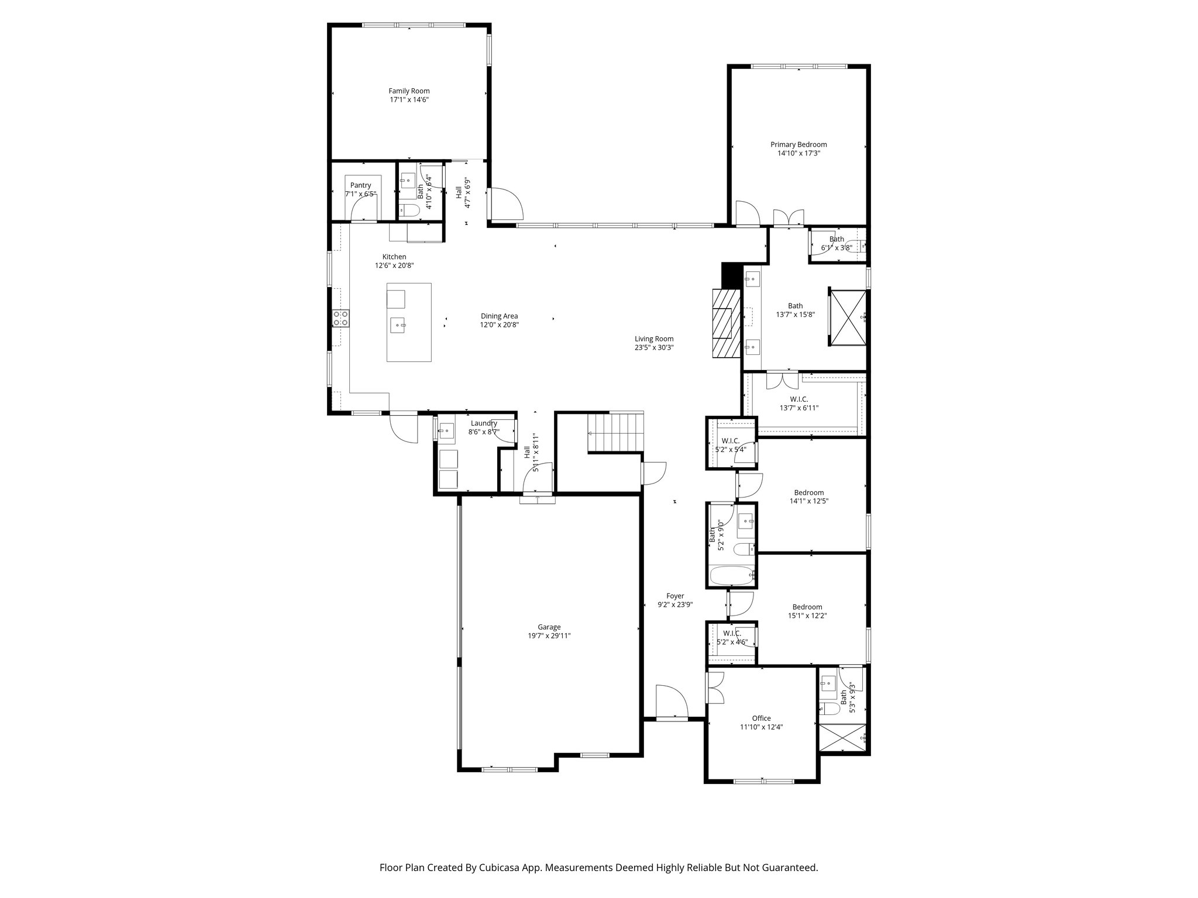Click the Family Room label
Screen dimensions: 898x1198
click(x=409, y=91)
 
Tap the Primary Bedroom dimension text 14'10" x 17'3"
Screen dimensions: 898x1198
click(x=798, y=153)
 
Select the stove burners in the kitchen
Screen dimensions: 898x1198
click(x=340, y=318)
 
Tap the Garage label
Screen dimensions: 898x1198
click(x=549, y=627)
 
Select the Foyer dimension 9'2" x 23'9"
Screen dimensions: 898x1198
click(x=675, y=605)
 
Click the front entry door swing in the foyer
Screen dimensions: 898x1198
click(x=670, y=702)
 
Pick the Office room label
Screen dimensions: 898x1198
click(x=761, y=718)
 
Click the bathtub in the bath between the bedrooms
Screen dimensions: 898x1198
click(x=731, y=576)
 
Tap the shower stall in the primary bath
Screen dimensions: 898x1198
click(x=847, y=316)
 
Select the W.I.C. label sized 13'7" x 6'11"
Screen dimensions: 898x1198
click(x=798, y=407)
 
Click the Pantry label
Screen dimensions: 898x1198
click(x=360, y=185)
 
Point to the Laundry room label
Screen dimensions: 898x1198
click(x=484, y=423)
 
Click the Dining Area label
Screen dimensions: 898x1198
click(x=499, y=316)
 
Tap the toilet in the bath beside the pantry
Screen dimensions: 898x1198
click(x=409, y=210)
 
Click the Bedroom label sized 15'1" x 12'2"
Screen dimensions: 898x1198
click(x=807, y=607)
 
